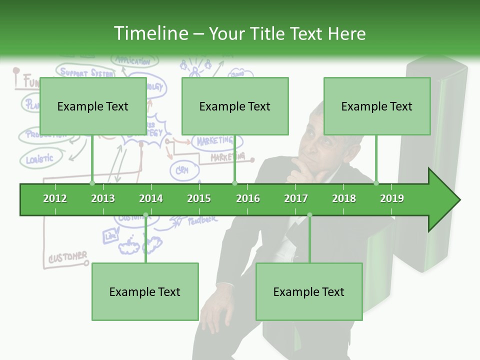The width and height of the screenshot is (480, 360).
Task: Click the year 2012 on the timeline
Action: point(55,198)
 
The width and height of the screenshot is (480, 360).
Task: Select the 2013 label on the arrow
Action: point(103,198)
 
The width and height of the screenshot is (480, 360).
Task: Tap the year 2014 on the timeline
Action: point(151,198)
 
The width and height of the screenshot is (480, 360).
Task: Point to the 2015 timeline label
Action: point(199,198)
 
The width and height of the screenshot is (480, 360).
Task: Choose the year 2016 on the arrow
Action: point(248,198)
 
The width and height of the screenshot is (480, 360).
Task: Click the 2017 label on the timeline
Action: point(296,198)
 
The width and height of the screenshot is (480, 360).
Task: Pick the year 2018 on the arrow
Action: point(344,198)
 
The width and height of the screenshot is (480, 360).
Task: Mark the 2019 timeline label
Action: point(392,198)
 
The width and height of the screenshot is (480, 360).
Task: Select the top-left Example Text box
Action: point(93,106)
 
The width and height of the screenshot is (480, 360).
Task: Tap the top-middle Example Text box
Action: point(235,106)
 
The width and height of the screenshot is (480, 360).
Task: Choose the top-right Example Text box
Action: point(377,106)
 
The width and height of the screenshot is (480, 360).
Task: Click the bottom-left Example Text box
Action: point(145,292)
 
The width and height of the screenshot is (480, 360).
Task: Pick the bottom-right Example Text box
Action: point(309,292)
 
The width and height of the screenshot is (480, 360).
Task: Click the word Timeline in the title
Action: point(150,33)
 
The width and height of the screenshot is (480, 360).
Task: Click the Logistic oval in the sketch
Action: point(39,159)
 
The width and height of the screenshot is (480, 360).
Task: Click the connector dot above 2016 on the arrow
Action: point(235,183)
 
